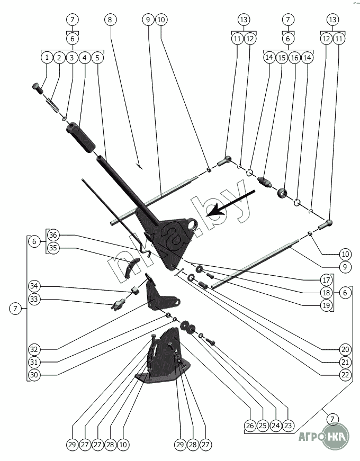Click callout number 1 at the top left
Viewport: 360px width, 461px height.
coord(48,57)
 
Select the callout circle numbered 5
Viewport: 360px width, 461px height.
coord(97,57)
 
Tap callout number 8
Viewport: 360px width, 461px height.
coord(110,20)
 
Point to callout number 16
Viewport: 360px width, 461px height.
coord(295,57)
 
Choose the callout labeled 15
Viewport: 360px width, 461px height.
coord(282,57)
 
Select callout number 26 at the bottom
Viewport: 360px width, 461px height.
coord(250,425)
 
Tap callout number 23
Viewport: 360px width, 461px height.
coord(288,425)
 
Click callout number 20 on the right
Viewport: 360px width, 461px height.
coord(346,349)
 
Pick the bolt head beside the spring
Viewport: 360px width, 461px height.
coord(38,87)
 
